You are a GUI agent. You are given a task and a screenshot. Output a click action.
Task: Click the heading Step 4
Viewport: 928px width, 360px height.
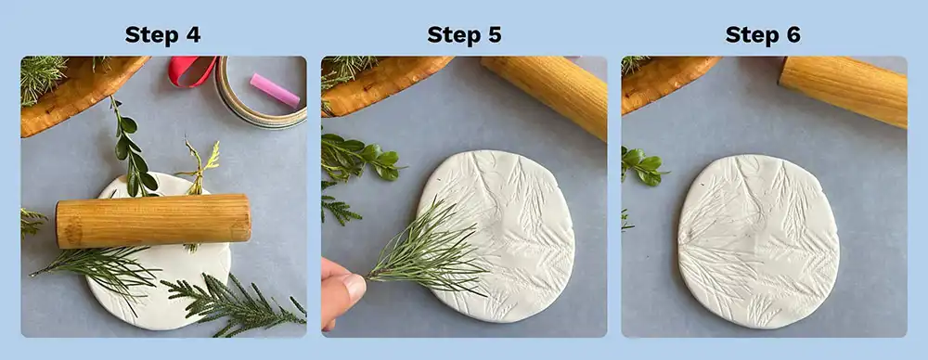click(163, 35)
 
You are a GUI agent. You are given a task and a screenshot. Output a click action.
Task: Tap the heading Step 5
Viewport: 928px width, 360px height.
click(464, 35)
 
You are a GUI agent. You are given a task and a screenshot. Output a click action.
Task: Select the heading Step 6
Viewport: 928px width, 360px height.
click(763, 35)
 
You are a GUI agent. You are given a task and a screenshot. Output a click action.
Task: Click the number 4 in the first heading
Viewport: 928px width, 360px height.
click(192, 35)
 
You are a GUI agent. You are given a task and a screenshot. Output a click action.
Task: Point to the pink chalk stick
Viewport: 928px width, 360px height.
click(274, 90)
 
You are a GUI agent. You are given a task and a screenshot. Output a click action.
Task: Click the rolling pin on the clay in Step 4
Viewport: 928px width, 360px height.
click(153, 220)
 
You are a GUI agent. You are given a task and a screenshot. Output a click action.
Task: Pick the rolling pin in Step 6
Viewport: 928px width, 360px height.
click(844, 88)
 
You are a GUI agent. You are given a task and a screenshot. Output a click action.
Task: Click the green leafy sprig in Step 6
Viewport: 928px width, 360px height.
click(642, 165)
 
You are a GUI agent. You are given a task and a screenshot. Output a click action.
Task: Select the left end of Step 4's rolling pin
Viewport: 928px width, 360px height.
click(63, 224)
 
